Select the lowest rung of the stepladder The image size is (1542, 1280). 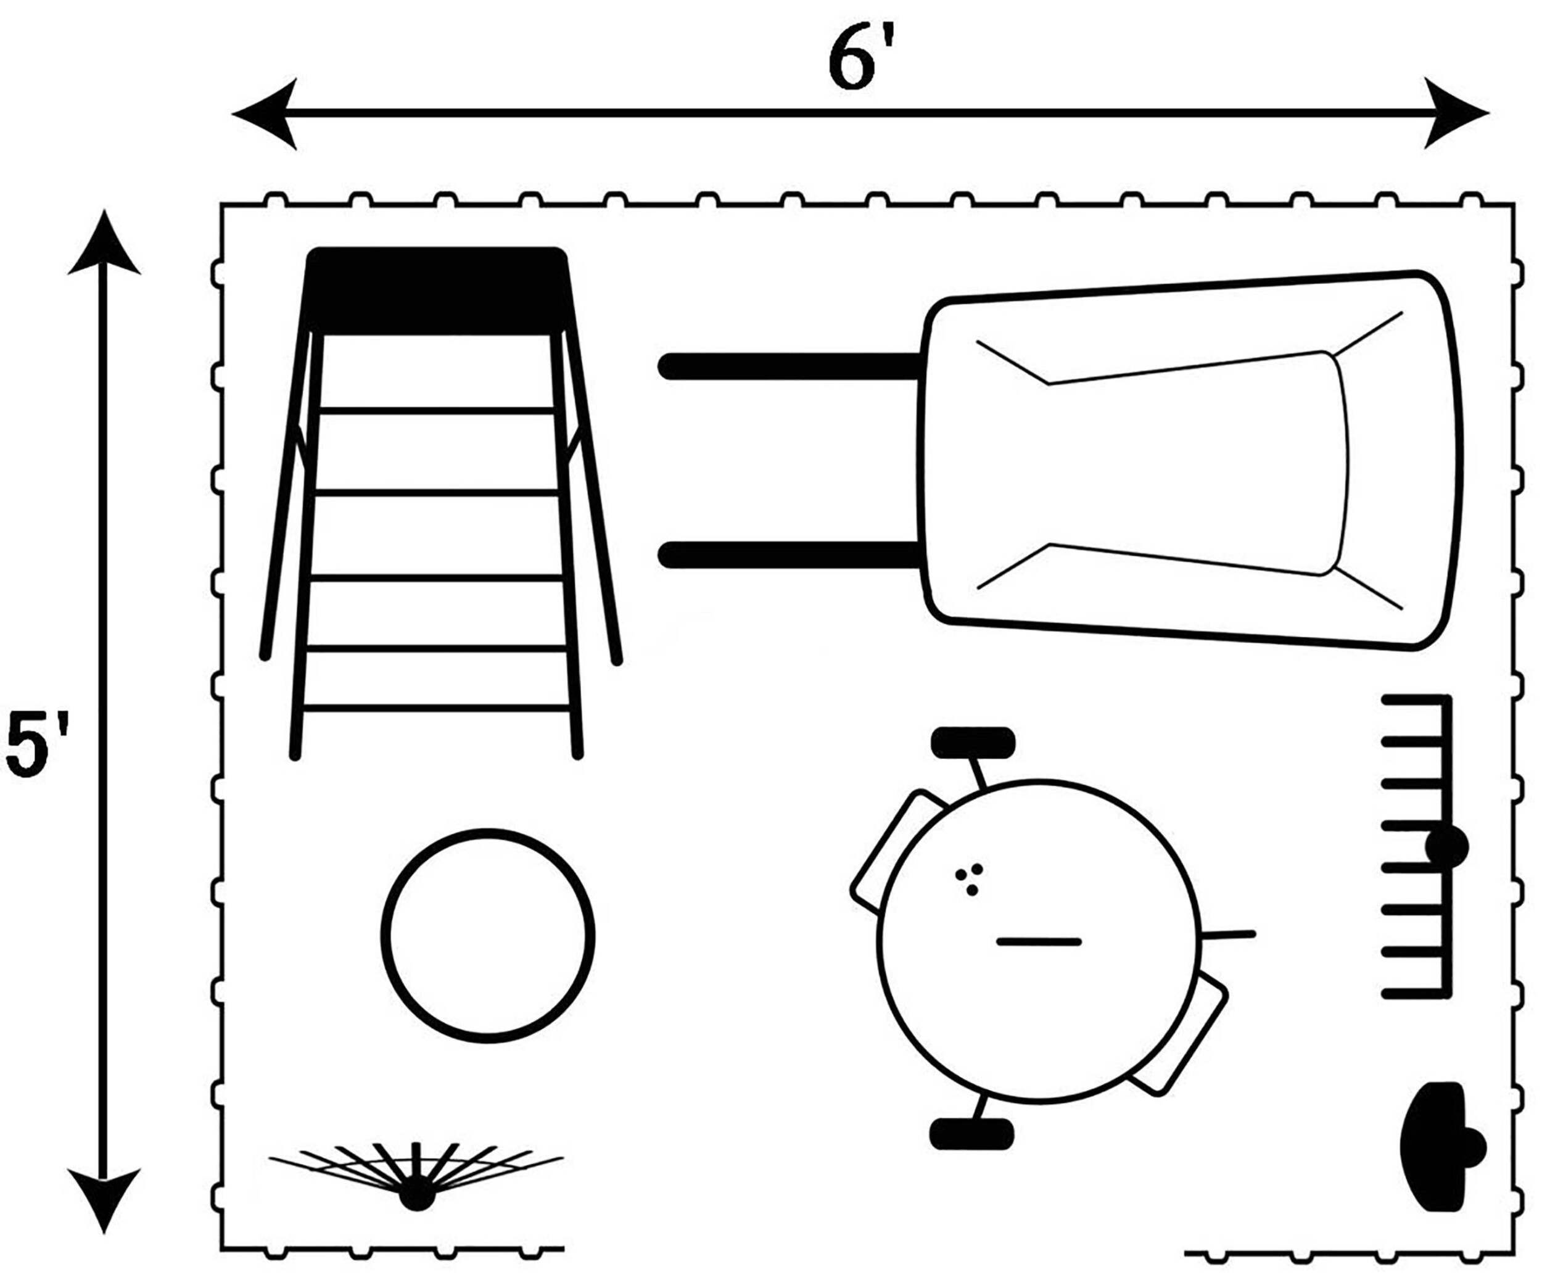[436, 708]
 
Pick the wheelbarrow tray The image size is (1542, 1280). [1190, 461]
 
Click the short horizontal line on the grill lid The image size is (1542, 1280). [1038, 941]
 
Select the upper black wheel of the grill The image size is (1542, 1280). [973, 741]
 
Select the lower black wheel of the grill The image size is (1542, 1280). [971, 1134]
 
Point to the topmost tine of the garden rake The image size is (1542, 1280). [1414, 700]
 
